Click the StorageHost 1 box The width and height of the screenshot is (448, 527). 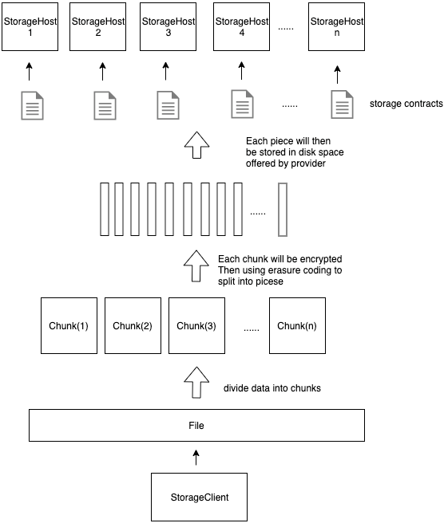click(30, 27)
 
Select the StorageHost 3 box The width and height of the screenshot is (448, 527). click(168, 27)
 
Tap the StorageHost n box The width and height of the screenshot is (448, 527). click(336, 27)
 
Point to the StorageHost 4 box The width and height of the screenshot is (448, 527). click(241, 27)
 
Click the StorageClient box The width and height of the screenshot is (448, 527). click(200, 497)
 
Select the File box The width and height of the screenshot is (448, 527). click(196, 425)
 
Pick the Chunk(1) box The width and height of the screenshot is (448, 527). click(69, 325)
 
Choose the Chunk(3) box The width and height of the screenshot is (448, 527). click(196, 325)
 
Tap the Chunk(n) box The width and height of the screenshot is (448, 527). click(297, 325)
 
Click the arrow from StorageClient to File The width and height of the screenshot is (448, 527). click(196, 458)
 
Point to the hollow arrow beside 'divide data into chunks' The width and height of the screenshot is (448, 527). click(196, 383)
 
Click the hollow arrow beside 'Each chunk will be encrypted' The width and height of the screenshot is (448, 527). click(196, 265)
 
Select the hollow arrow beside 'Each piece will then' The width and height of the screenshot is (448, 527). click(197, 145)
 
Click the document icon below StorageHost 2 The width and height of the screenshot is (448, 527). click(105, 105)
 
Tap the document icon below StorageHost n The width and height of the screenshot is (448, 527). click(342, 104)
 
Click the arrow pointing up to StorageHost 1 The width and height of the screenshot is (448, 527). click(30, 71)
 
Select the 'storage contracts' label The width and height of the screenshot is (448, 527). click(406, 104)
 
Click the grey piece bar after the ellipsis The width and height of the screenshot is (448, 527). click(283, 210)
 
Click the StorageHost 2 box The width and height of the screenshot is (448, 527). click(98, 27)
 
